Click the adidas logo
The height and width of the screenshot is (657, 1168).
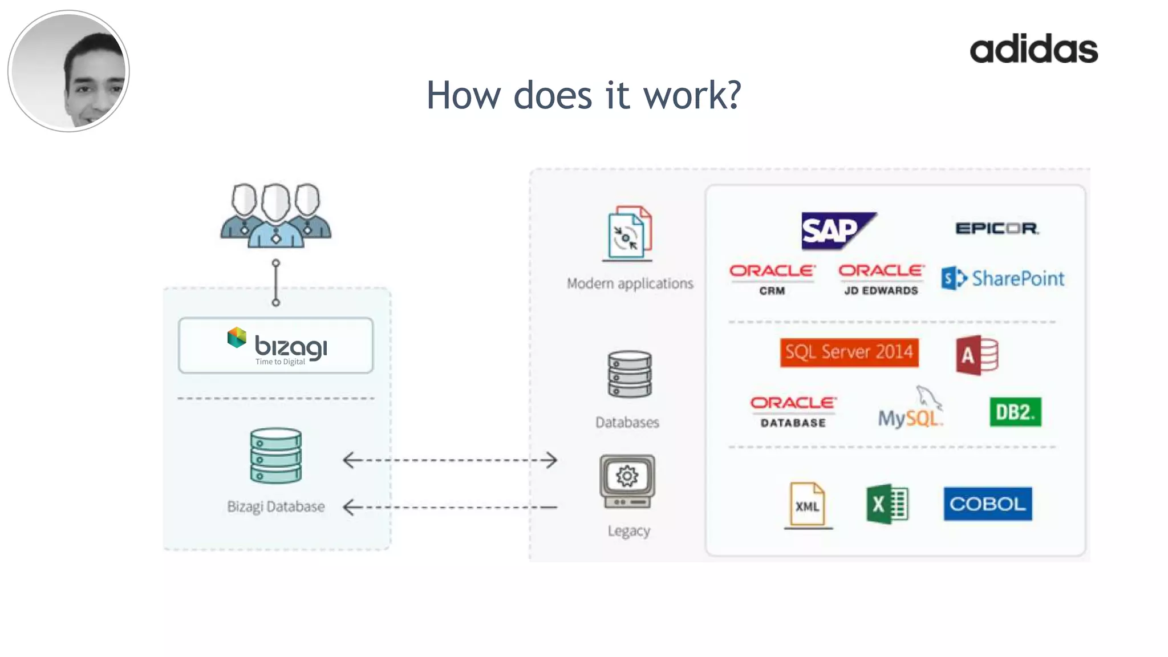click(x=1033, y=49)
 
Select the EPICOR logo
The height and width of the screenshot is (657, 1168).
click(x=997, y=229)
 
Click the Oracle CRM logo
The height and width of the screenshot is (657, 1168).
click(x=772, y=279)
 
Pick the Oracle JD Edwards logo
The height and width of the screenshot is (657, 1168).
click(x=881, y=279)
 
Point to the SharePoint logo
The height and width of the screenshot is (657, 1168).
click(x=1003, y=278)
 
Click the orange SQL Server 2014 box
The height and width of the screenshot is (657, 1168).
click(x=849, y=352)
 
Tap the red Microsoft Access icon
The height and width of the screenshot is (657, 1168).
click(x=977, y=355)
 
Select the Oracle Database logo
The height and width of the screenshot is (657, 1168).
click(x=793, y=411)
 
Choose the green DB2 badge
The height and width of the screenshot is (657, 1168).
click(x=1015, y=412)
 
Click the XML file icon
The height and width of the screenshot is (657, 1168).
click(x=808, y=504)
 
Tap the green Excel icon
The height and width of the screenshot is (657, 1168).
click(x=887, y=504)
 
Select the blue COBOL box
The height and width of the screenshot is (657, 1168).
click(x=987, y=504)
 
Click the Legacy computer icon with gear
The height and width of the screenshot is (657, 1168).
click(x=627, y=481)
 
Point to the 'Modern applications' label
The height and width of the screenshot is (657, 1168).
click(x=630, y=283)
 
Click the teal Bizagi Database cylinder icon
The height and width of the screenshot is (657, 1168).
click(x=276, y=455)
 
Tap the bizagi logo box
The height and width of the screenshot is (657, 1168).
click(x=276, y=346)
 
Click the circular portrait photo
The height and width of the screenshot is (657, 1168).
click(x=69, y=71)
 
